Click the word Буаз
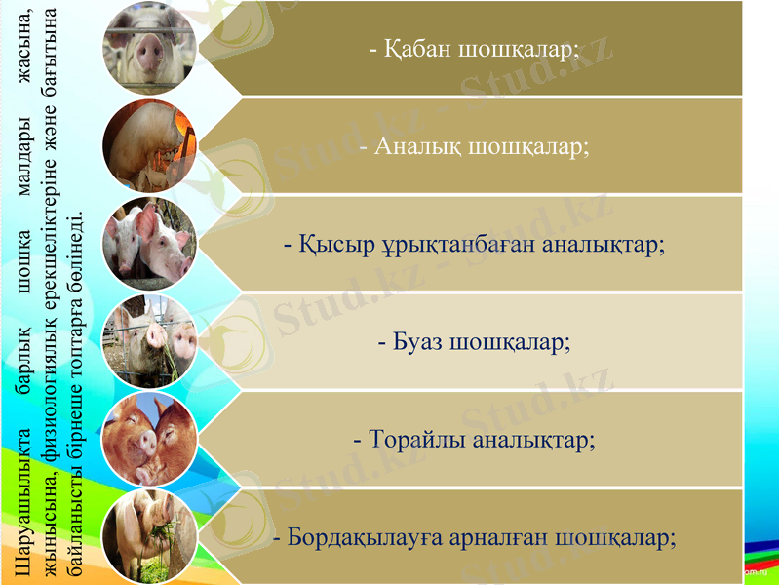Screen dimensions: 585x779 [x=420, y=342]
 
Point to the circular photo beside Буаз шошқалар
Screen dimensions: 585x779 [x=150, y=340]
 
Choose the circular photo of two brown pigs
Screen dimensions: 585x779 [x=150, y=438]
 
